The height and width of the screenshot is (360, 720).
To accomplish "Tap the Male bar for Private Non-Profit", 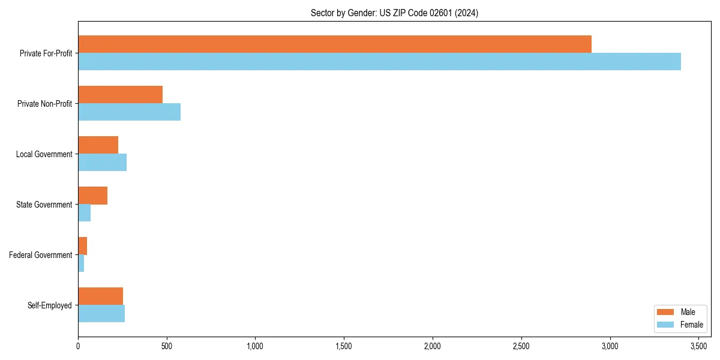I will tap(120, 95).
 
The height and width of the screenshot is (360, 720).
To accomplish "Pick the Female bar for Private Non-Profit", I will tap(129, 112).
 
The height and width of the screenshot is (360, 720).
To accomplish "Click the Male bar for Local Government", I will tap(98, 145).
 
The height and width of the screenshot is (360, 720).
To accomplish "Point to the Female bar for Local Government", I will tap(102, 163).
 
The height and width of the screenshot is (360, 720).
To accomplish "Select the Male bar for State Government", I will tap(92, 196).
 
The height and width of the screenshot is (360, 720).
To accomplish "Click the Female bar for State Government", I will tap(84, 213).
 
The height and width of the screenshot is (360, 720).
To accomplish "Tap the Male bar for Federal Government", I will tap(82, 246).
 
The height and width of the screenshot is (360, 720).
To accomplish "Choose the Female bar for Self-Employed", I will tap(101, 314).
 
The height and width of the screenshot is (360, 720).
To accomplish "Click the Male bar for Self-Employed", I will tap(100, 296).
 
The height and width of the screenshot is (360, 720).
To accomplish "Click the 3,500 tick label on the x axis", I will tap(698, 346).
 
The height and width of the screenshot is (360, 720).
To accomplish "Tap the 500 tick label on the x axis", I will tap(167, 346).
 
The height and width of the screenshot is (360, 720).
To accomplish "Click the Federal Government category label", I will tap(40, 255).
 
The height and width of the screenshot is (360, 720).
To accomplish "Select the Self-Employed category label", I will tap(49, 305).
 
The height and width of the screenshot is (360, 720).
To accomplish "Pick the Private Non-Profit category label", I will tap(45, 104).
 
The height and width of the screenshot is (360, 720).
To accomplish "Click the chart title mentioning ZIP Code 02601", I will tap(394, 13).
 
